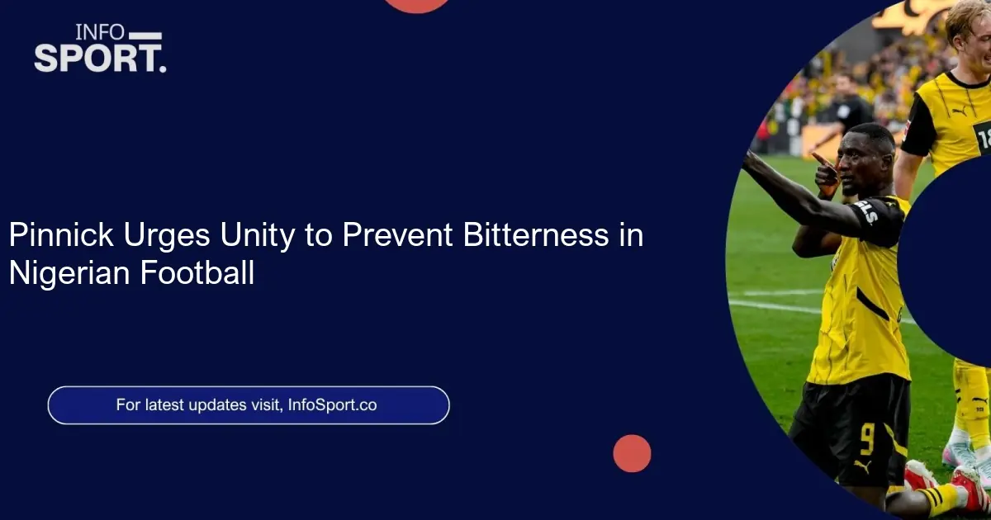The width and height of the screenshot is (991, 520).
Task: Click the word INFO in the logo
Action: click(x=100, y=32)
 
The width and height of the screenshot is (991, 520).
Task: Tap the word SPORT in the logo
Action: click(x=95, y=58)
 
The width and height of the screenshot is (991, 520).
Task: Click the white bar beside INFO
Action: click(x=145, y=35)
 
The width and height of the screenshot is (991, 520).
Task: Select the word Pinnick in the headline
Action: click(x=61, y=234)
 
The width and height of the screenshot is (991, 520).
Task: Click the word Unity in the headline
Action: click(x=257, y=235)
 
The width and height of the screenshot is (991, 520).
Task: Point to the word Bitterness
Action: click(x=536, y=234)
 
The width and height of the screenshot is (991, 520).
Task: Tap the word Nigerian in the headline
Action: click(x=69, y=273)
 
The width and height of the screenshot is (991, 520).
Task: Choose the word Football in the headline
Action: click(x=197, y=272)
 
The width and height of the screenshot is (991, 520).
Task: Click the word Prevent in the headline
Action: click(x=397, y=234)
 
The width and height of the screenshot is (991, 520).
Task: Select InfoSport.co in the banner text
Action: click(x=332, y=405)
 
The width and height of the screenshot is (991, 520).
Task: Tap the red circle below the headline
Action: click(x=632, y=453)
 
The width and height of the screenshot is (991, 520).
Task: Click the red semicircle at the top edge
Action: click(x=416, y=5)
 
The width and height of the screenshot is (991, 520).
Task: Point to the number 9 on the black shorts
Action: click(x=867, y=438)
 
